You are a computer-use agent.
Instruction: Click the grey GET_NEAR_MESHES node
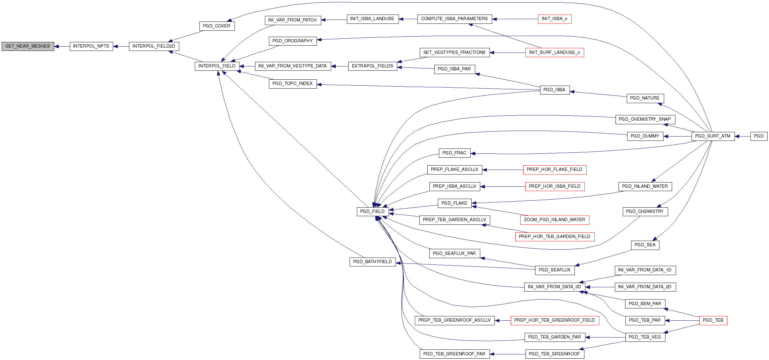[28, 46]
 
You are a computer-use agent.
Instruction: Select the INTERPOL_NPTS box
[91, 46]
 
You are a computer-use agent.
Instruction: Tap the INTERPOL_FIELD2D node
[154, 46]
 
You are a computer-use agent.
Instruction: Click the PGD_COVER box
[217, 26]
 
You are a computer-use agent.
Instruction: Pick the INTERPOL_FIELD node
[217, 66]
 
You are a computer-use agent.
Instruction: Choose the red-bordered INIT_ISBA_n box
[554, 19]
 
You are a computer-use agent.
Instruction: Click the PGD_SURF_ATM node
[713, 136]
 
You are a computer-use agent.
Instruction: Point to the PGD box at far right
[759, 136]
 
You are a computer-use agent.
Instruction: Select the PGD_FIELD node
[372, 212]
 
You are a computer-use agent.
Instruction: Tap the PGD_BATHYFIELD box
[372, 262]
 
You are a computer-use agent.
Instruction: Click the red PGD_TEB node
[713, 320]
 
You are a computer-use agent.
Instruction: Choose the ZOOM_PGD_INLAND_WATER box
[554, 220]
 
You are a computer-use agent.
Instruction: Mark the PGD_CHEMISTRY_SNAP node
[645, 119]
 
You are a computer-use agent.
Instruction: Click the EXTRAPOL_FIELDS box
[372, 66]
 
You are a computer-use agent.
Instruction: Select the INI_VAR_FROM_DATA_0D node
[554, 287]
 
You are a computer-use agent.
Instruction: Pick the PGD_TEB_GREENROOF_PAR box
[454, 354]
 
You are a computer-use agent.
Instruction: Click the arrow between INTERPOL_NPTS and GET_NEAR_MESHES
[62, 47]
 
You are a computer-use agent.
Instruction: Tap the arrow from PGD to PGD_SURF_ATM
[743, 136]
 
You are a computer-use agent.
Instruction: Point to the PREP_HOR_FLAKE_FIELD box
[554, 170]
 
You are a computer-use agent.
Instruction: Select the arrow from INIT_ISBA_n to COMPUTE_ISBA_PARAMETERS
[515, 19]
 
